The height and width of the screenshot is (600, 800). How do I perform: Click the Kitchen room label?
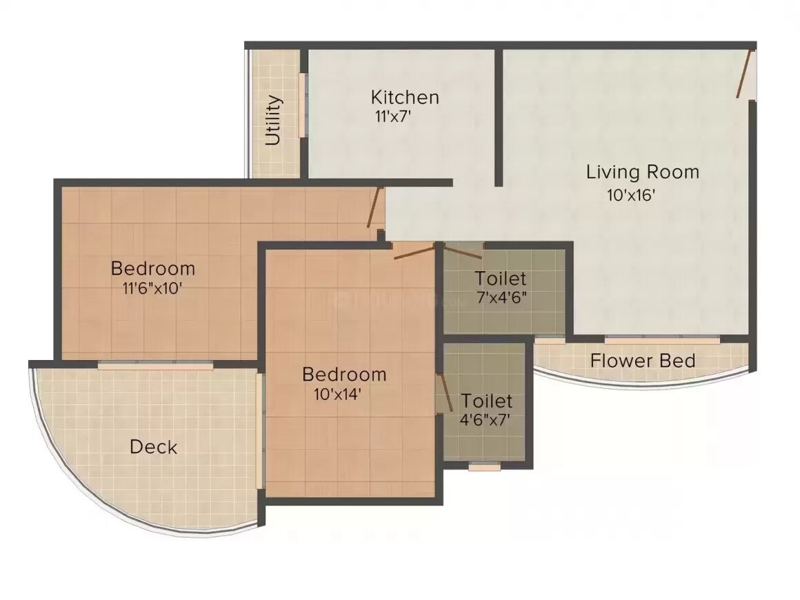(404, 97)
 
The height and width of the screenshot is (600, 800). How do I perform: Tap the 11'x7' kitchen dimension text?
(392, 117)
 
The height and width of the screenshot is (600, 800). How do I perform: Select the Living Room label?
(642, 172)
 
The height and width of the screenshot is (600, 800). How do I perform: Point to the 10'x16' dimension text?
(630, 195)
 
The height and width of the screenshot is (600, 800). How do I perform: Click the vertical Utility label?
(274, 120)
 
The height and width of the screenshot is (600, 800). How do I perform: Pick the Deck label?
(153, 447)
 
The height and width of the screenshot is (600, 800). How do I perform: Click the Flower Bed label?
(642, 360)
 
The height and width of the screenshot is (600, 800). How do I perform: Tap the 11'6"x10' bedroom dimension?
(152, 288)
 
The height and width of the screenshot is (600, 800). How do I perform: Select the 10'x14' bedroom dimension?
(337, 394)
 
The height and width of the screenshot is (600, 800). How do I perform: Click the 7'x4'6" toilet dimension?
(501, 299)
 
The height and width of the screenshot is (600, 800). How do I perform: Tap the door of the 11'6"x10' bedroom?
(374, 208)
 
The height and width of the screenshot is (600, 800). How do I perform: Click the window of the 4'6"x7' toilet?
(484, 467)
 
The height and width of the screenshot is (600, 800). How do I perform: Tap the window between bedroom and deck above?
(155, 366)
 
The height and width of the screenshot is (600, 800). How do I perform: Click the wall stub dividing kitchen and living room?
(498, 117)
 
